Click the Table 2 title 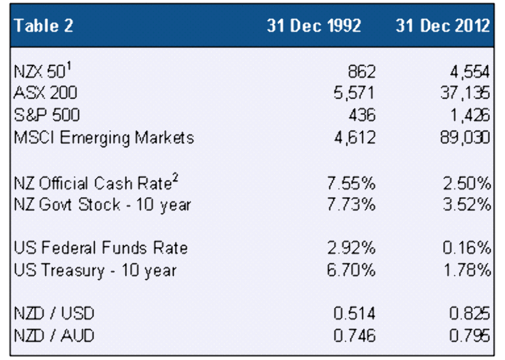tap(44, 26)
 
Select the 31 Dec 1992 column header tap(314, 26)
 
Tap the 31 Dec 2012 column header tap(443, 26)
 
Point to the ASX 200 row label tap(45, 93)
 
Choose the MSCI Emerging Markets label tap(104, 137)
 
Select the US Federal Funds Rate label tap(101, 248)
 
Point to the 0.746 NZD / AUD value tap(353, 335)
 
